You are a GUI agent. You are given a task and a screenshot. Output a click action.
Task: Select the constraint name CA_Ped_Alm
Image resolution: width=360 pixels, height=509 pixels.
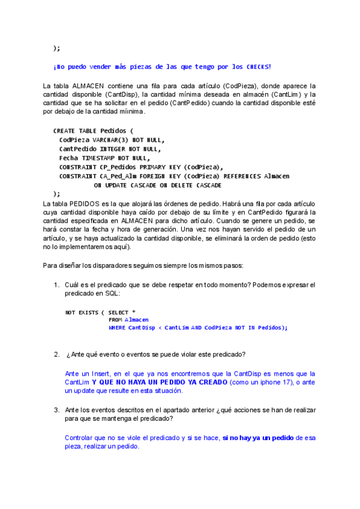pyautogui.click(x=119, y=176)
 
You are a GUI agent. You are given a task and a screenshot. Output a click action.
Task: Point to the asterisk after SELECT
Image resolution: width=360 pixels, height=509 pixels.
pyautogui.click(x=133, y=312)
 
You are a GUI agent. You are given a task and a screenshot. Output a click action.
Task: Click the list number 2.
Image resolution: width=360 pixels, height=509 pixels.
pyautogui.click(x=57, y=354)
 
